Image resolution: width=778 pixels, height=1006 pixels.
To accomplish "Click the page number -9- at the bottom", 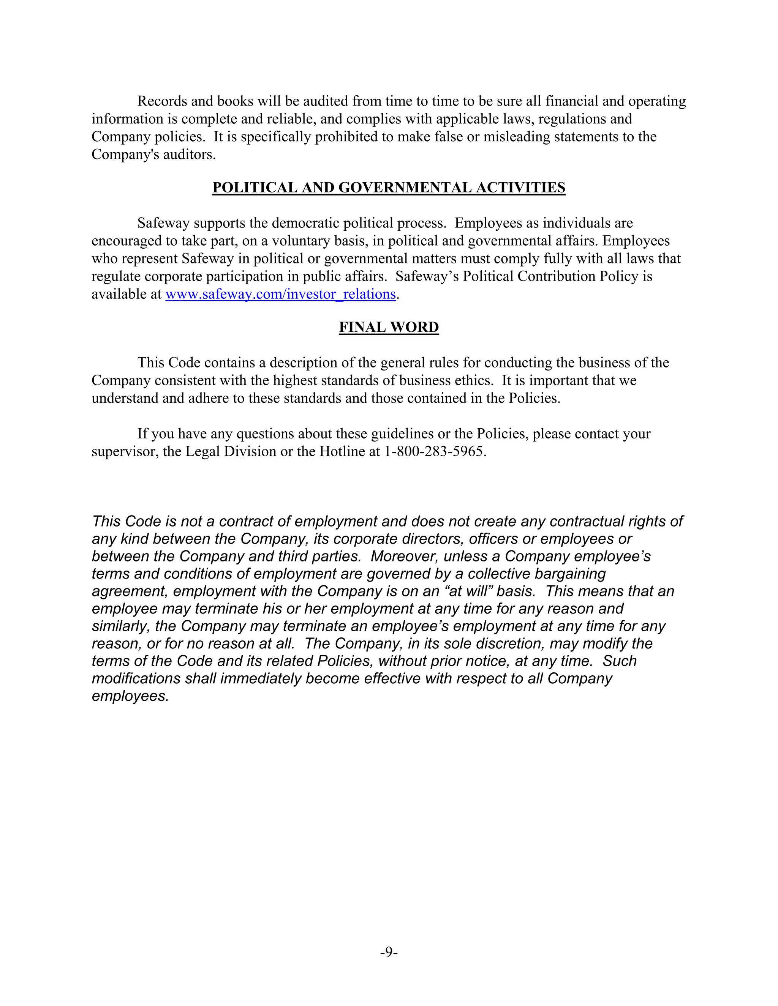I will click(389, 952).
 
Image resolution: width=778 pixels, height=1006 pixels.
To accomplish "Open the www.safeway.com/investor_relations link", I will click(280, 294).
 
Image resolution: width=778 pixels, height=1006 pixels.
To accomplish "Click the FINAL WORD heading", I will click(389, 327).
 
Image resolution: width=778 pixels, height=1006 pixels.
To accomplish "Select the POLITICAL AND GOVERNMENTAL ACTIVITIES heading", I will click(389, 188).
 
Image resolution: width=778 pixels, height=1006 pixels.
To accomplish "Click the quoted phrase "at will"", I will click(468, 591).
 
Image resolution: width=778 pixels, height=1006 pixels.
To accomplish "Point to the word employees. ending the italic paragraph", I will click(130, 696).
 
